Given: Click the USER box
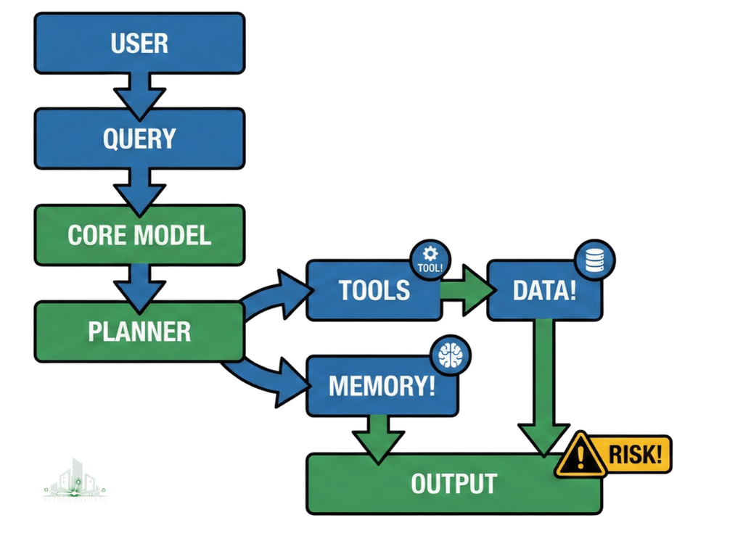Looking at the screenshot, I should pyautogui.click(x=139, y=43).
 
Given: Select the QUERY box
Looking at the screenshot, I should pyautogui.click(x=139, y=138).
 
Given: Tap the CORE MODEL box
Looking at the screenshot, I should pyautogui.click(x=139, y=234).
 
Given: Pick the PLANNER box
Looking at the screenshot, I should pyautogui.click(x=139, y=331).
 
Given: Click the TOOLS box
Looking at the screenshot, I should pyautogui.click(x=374, y=290).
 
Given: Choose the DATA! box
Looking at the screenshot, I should pyautogui.click(x=544, y=290).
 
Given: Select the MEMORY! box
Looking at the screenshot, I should pyautogui.click(x=382, y=385).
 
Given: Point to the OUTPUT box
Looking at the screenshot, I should pyautogui.click(x=453, y=483).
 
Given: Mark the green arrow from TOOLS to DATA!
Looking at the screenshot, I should pyautogui.click(x=468, y=290).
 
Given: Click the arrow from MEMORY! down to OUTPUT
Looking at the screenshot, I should pyautogui.click(x=377, y=435).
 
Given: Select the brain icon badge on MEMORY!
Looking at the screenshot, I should pyautogui.click(x=450, y=356).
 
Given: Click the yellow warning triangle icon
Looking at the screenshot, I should pyautogui.click(x=580, y=455).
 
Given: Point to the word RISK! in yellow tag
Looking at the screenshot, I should pyautogui.click(x=635, y=455).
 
